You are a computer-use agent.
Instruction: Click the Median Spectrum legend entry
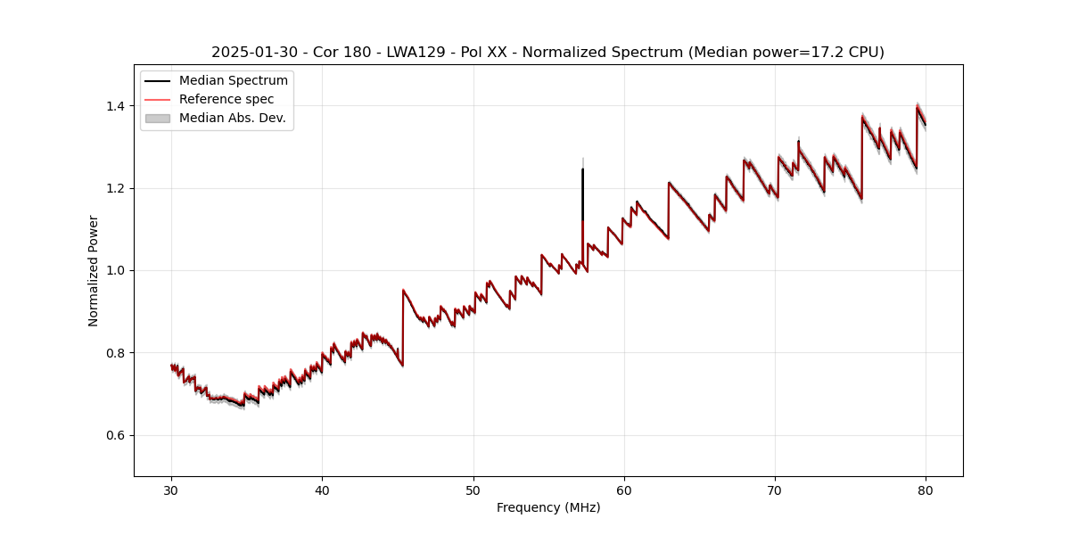click(233, 81)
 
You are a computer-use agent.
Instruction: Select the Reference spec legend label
click(226, 99)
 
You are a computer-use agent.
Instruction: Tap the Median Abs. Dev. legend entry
click(232, 118)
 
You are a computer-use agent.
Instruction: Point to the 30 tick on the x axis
click(172, 490)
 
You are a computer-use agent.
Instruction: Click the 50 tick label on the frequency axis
click(473, 490)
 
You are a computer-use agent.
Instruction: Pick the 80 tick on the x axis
click(926, 490)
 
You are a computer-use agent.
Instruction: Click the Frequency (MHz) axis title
click(548, 507)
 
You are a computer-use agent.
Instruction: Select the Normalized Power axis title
click(94, 270)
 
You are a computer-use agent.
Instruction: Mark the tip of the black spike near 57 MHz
click(582, 169)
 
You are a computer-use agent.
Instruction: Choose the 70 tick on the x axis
click(775, 490)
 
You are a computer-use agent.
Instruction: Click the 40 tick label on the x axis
click(323, 490)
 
